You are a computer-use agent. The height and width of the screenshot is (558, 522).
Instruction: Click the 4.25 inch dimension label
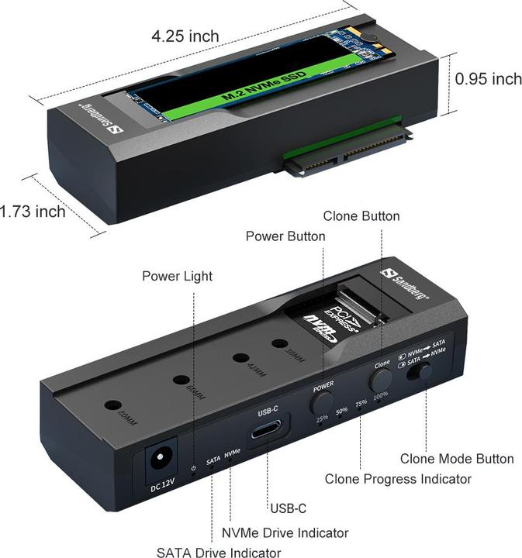click(185, 36)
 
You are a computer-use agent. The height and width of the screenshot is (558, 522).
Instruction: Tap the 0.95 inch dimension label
click(488, 79)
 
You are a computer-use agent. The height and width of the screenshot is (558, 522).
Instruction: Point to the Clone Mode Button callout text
click(456, 459)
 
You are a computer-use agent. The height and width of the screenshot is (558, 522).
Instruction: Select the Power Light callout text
click(177, 276)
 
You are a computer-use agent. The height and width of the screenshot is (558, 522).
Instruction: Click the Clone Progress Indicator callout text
click(397, 479)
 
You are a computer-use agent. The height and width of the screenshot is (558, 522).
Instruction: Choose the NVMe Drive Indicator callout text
click(285, 532)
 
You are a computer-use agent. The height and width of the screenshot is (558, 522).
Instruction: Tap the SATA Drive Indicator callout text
click(218, 552)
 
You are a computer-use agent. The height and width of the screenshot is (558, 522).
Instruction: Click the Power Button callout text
click(285, 236)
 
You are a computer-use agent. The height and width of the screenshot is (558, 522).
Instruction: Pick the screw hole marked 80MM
click(113, 405)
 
